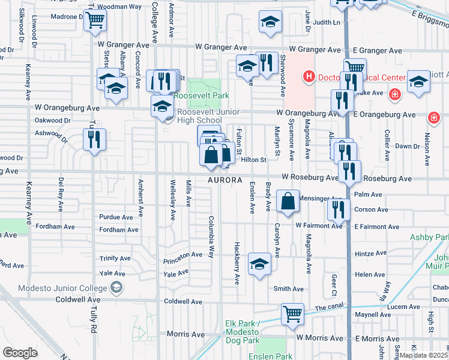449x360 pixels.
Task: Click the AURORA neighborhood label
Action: pyautogui.click(x=224, y=180)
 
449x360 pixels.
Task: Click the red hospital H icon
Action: pyautogui.click(x=309, y=77)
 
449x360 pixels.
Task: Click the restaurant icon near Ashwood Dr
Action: pyautogui.click(x=94, y=139)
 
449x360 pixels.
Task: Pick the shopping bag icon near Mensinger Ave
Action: pyautogui.click(x=288, y=202)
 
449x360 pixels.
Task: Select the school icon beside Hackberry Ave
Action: pyautogui.click(x=259, y=264)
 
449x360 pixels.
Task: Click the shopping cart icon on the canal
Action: pyautogui.click(x=292, y=314)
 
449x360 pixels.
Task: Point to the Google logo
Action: pyautogui.click(x=20, y=352)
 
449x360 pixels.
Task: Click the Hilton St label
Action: pyautogui.click(x=253, y=160)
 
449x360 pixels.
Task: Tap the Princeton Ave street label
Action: pyautogui.click(x=183, y=254)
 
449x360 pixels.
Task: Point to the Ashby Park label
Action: pyautogui.click(x=429, y=237)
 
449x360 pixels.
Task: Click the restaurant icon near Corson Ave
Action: pyautogui.click(x=339, y=209)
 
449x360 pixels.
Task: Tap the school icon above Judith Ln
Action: pyautogui.click(x=271, y=22)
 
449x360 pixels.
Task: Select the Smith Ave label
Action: pyautogui.click(x=288, y=289)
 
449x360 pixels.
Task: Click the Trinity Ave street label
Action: pyautogui.click(x=116, y=259)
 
